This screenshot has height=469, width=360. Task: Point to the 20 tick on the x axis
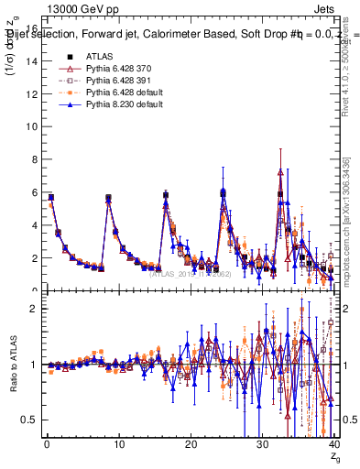(190, 445)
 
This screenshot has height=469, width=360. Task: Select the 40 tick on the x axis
(333, 445)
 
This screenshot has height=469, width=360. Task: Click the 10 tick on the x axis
(117, 445)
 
